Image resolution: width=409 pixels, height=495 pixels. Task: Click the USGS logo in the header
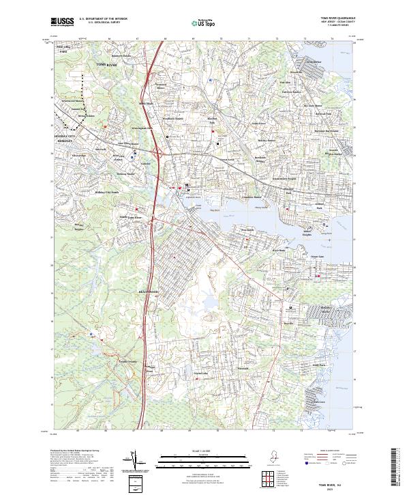click(x=62, y=22)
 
